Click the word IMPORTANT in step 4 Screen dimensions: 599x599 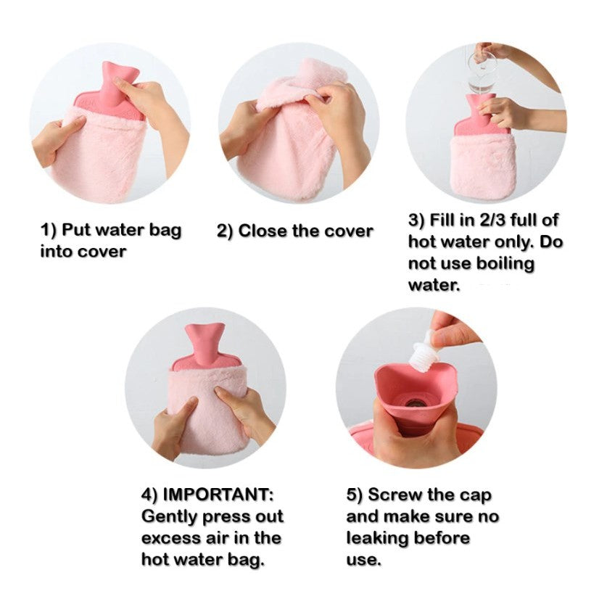[x=218, y=495]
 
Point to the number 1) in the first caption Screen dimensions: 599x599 [x=48, y=231]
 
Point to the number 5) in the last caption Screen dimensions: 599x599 [x=355, y=495]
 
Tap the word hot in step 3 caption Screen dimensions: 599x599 [x=421, y=242]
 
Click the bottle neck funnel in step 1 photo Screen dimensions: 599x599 [x=113, y=86]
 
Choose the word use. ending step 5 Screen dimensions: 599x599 [x=363, y=561]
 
